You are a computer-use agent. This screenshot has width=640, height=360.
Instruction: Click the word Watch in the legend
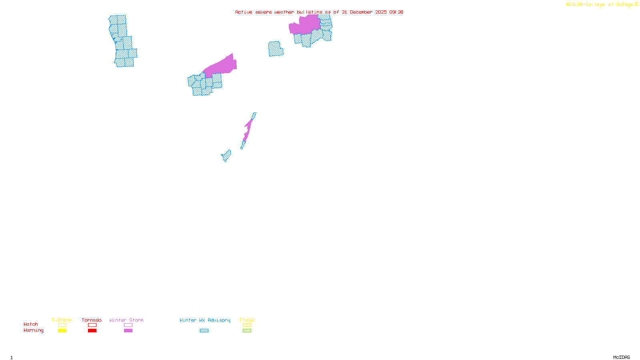click(x=31, y=324)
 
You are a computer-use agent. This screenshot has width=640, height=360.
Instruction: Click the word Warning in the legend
click(x=34, y=330)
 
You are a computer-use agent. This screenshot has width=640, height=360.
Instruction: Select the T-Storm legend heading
click(x=62, y=320)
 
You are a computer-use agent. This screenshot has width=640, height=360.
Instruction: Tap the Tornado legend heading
click(x=92, y=320)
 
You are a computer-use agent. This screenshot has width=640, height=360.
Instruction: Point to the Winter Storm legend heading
click(x=126, y=320)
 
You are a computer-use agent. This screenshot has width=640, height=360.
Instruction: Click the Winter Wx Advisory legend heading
click(x=205, y=320)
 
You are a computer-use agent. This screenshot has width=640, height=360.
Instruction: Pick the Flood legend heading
click(x=247, y=320)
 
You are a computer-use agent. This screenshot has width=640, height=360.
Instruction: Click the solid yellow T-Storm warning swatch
click(x=62, y=331)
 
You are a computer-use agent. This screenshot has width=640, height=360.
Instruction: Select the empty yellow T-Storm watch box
click(x=62, y=325)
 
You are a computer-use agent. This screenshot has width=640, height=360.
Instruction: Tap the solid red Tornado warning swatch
click(x=92, y=331)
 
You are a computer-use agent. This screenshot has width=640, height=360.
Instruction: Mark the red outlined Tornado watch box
click(x=92, y=325)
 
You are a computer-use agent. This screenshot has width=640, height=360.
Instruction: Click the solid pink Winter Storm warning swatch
click(x=128, y=331)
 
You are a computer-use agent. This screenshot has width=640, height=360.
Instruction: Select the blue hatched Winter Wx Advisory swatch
click(x=204, y=331)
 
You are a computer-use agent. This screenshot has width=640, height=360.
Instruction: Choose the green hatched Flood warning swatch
click(x=247, y=331)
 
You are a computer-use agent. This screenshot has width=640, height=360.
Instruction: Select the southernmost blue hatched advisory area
click(x=226, y=156)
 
